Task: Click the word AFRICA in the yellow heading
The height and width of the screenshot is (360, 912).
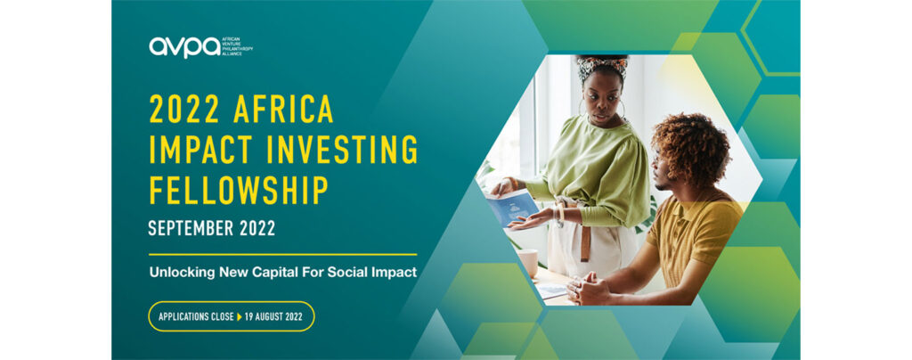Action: (283, 109)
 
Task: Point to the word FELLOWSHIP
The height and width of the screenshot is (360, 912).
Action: (239, 190)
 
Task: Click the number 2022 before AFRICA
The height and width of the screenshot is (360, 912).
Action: (185, 109)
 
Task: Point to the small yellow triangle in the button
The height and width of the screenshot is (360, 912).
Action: (239, 317)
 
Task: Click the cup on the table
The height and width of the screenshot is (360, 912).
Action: (528, 262)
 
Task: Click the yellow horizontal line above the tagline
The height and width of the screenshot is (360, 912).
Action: (282, 254)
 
